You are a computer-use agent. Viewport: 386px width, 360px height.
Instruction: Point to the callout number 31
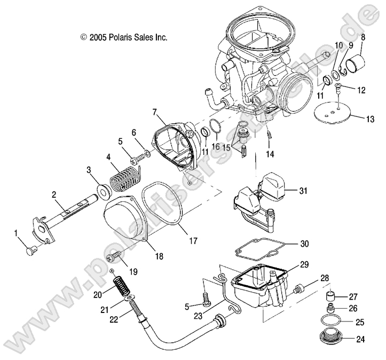pyautogui.click(x=304, y=191)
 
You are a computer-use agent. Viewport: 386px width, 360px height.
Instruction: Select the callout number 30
pyautogui.click(x=304, y=244)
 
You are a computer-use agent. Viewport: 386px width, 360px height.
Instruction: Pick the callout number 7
pyautogui.click(x=154, y=112)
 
